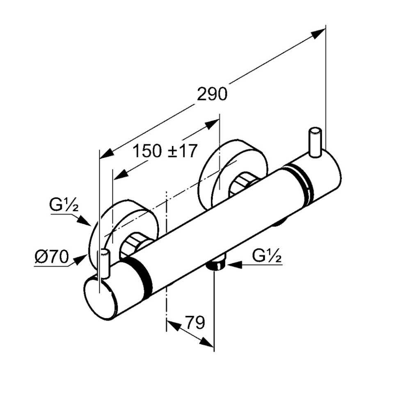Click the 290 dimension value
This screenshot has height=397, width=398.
pos(212,94)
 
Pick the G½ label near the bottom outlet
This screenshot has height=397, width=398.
pos(267,257)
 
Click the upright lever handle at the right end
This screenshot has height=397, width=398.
pos(315,142)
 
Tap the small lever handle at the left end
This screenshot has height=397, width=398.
pos(105,264)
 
